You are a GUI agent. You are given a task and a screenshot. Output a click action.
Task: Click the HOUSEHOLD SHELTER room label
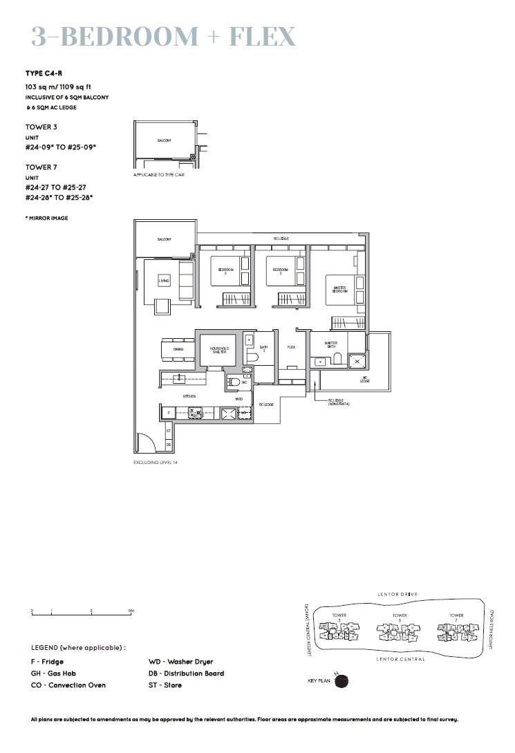tap(219, 350)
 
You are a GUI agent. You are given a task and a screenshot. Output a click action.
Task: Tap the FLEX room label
tap(291, 347)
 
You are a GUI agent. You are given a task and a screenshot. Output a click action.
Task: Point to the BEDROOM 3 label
tap(225, 271)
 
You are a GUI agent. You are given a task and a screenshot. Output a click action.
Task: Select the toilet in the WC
tap(235, 382)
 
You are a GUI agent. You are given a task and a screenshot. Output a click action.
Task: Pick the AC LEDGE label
tap(364, 380)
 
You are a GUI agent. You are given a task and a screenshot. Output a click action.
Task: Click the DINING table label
tap(178, 350)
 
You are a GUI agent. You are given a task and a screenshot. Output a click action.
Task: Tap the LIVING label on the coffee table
tap(164, 281)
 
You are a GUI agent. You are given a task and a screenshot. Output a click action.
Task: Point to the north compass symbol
tap(341, 680)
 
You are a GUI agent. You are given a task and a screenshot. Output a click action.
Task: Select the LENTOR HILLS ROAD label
tap(491, 629)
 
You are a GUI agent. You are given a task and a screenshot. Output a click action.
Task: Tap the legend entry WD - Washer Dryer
tap(181, 662)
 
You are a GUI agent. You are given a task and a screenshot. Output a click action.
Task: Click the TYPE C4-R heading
tap(44, 73)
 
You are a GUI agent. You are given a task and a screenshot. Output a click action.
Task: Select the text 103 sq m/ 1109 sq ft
tap(59, 87)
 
